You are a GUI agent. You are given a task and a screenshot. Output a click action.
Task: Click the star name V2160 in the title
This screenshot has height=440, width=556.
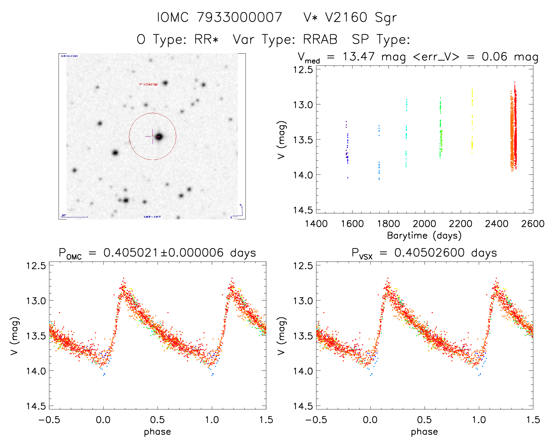point(346,17)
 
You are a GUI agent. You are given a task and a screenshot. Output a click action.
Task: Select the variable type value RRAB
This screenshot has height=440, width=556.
point(320,39)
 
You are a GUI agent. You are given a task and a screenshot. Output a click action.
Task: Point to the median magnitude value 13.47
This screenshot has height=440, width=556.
point(359,57)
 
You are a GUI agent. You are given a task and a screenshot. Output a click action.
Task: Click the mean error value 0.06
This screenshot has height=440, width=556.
point(494,57)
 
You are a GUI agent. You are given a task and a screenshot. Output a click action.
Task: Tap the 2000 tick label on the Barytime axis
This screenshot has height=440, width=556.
point(424,224)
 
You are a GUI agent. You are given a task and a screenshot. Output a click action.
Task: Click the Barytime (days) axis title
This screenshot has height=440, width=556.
point(424,236)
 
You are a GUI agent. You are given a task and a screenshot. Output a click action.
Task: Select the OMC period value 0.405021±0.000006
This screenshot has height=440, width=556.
point(163,253)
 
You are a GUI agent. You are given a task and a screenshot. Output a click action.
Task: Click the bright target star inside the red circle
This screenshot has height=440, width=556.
point(159,137)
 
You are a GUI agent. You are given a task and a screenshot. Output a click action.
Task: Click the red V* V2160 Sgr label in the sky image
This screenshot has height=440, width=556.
point(149,85)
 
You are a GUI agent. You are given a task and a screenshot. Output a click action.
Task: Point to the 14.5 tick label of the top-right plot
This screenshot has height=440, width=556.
point(303,210)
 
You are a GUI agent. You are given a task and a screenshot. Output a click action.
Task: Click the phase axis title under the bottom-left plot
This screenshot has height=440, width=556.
point(157,432)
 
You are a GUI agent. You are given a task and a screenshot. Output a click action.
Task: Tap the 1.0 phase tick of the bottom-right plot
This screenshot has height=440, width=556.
point(479,420)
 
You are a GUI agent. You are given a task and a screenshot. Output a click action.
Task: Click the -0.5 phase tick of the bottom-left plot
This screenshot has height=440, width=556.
point(49,420)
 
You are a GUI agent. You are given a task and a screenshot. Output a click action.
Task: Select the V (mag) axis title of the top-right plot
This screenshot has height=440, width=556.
point(282,140)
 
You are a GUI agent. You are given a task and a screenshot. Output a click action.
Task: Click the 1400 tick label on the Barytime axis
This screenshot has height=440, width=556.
point(316,224)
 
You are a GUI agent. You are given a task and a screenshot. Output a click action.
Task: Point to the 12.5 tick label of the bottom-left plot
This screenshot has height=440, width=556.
point(36,266)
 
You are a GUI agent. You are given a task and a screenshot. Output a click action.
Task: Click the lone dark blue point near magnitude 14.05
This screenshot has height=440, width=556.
point(348,178)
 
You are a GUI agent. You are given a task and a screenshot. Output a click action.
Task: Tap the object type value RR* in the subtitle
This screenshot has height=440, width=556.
point(206,39)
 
